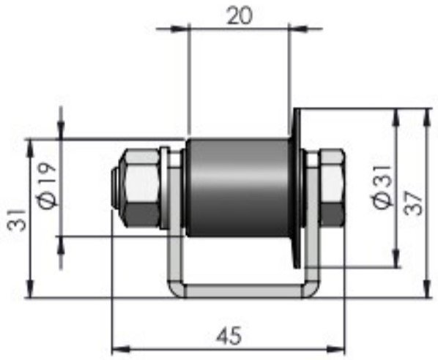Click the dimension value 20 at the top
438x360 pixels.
pyautogui.click(x=239, y=16)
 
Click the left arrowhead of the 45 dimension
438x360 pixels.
pyautogui.click(x=116, y=346)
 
